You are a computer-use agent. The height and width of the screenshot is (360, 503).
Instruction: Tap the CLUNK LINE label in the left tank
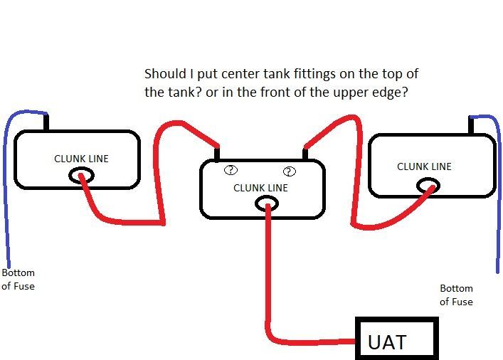point(82,159)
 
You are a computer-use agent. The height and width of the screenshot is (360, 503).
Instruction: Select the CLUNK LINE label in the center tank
point(261,188)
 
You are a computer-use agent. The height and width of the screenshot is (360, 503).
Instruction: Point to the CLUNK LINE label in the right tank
point(424,166)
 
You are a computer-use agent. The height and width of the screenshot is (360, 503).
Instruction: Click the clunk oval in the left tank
point(81,176)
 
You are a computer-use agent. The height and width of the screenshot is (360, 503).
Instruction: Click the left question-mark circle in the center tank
point(231,170)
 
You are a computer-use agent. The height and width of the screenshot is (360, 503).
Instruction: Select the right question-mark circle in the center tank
point(289,171)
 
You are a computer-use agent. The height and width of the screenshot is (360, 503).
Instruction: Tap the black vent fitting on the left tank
point(47,122)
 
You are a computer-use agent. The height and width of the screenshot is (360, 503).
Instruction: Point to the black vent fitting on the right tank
point(470,125)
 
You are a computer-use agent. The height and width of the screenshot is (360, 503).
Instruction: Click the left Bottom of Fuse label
point(18,280)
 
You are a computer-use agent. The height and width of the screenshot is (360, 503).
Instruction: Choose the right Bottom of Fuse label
point(456,295)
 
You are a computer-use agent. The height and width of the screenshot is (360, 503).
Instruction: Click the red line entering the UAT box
point(313,341)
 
